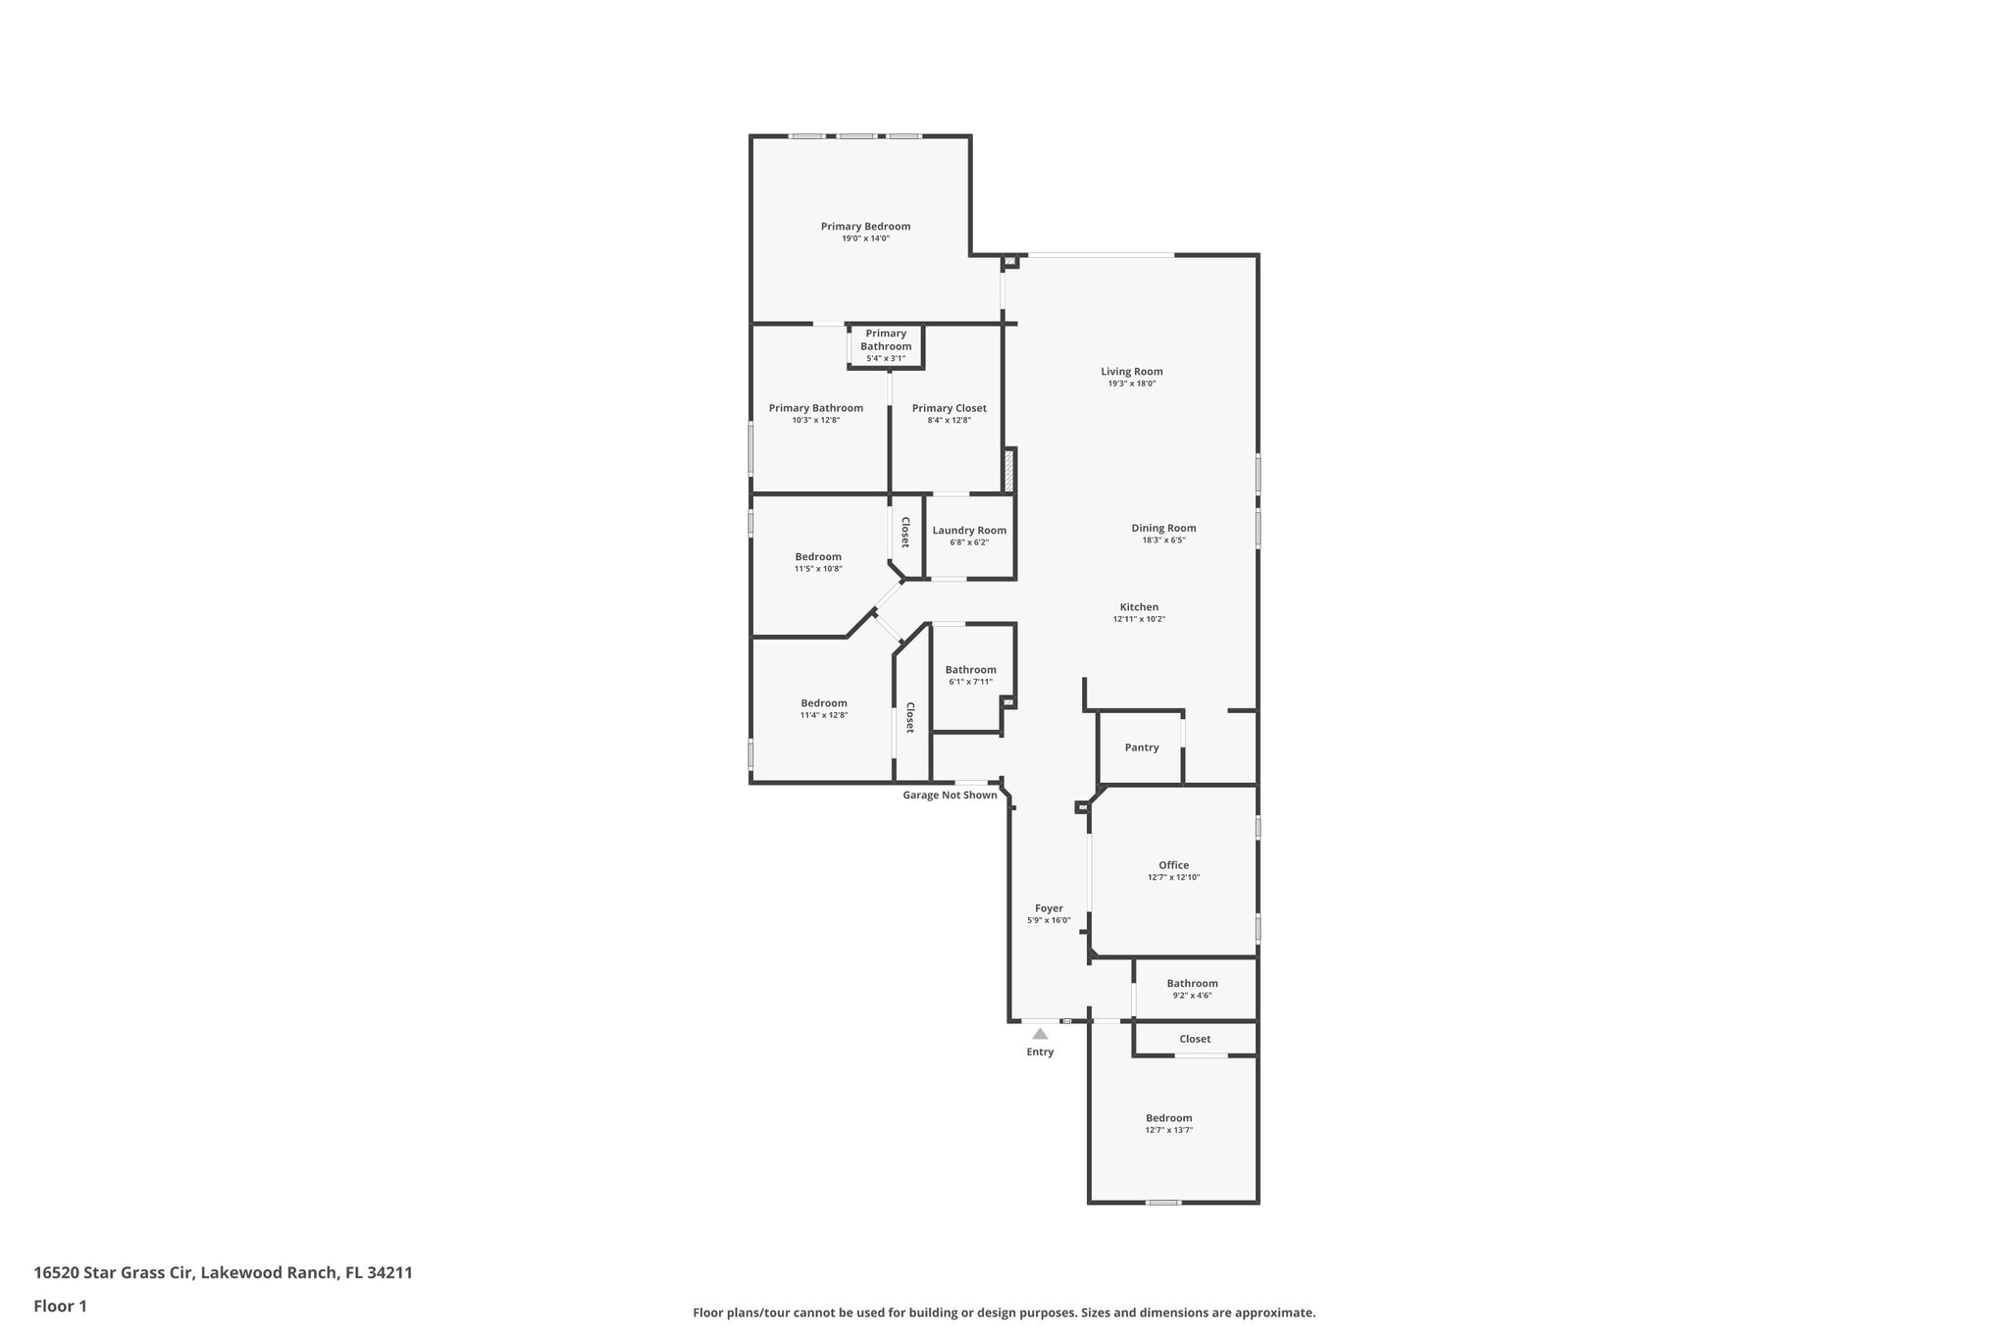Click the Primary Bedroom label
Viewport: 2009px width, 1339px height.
865,227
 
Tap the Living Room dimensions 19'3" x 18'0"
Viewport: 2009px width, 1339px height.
1131,384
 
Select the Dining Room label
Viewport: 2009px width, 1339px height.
1163,528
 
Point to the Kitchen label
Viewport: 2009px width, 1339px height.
1139,607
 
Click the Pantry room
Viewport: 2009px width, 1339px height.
1141,747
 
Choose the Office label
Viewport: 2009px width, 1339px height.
1173,865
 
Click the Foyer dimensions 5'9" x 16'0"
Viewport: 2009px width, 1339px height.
1049,920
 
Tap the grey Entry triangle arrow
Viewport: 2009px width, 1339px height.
1040,1033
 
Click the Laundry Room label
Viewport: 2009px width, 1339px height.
969,531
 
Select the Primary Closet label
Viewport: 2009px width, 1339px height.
949,408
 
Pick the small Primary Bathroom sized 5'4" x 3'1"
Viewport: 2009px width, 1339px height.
886,346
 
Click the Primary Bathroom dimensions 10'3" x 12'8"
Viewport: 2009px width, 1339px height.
816,420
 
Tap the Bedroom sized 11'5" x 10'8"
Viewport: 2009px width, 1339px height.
818,562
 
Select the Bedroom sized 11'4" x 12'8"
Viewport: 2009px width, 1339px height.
823,708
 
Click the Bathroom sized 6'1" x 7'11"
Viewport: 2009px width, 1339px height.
970,675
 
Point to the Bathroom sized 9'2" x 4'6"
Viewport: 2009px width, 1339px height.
1192,989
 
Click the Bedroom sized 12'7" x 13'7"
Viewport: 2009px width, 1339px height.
1168,1123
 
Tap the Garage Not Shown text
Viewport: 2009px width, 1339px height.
950,795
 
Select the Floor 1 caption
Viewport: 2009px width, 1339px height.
60,1306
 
